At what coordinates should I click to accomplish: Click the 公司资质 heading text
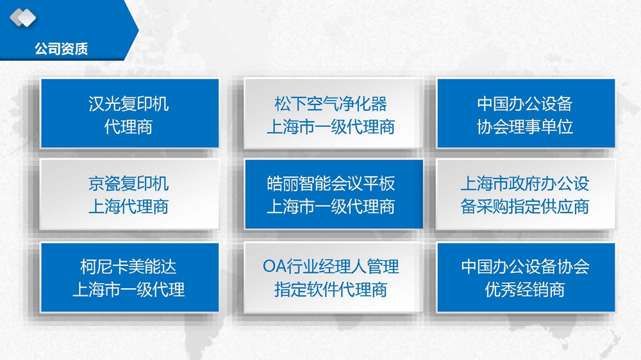62,49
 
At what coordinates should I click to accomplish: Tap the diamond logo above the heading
23,17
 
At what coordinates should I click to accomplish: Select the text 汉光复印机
129,104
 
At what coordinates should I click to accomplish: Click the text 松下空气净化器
331,104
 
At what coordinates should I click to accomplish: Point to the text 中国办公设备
525,104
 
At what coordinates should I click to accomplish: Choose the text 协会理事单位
525,127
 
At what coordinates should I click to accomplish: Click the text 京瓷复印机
129,183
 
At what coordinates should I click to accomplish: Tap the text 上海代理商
129,206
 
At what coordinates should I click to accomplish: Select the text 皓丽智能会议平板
331,183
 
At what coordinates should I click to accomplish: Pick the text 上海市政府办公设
525,183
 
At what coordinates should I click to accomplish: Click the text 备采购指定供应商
525,206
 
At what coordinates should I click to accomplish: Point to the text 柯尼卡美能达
129,267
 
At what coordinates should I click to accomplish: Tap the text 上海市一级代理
129,290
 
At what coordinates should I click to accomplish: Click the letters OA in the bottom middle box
274,266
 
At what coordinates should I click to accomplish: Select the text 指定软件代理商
331,290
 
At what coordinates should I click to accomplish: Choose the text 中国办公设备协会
525,267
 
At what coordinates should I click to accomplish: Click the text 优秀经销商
525,290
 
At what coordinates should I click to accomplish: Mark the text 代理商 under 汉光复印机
129,127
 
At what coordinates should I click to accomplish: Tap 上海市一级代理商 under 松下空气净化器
331,127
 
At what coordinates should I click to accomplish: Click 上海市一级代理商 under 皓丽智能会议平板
331,206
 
